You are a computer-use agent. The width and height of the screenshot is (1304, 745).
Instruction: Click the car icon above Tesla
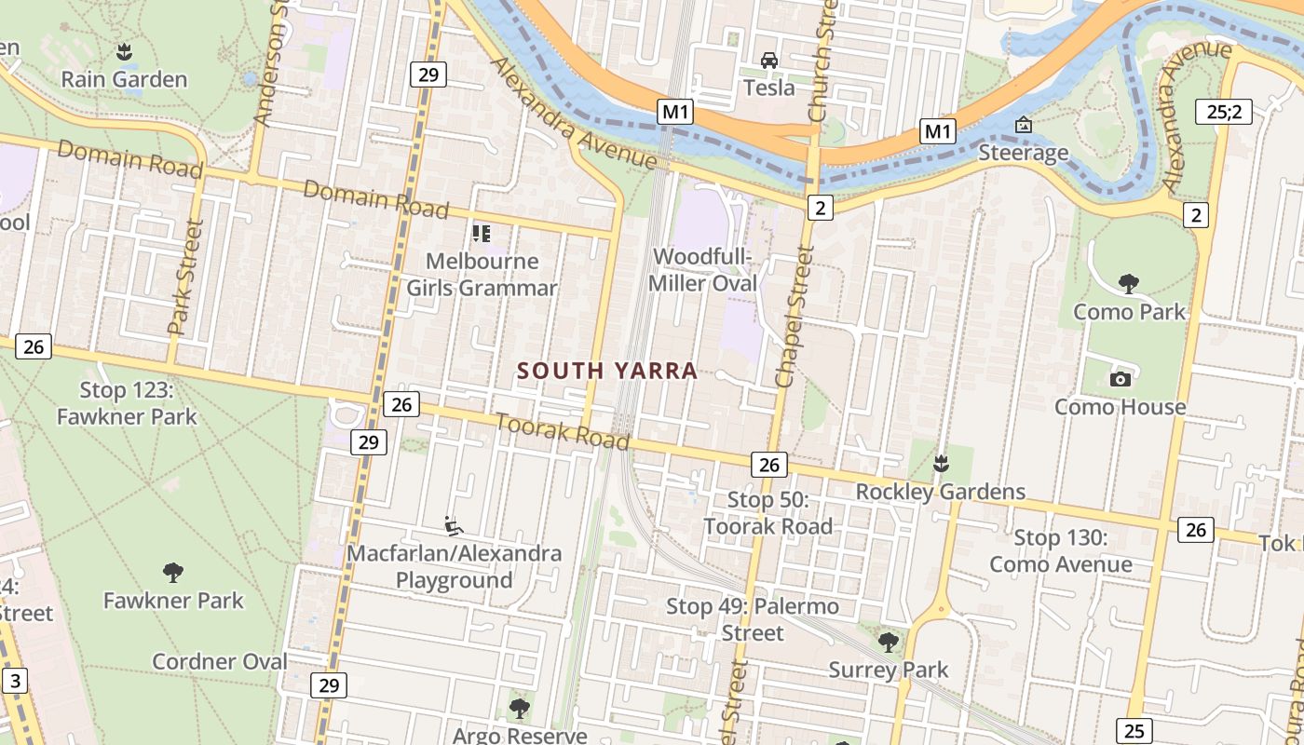click(x=769, y=61)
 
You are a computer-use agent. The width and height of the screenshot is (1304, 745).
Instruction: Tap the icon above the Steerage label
click(x=1023, y=125)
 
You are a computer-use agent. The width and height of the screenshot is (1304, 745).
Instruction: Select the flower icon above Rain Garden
click(x=124, y=51)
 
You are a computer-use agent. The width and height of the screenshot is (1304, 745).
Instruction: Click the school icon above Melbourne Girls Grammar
click(x=482, y=233)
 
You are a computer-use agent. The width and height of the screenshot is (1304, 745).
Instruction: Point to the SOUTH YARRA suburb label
click(x=607, y=371)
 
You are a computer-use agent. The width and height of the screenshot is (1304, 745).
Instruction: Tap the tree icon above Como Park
click(x=1129, y=283)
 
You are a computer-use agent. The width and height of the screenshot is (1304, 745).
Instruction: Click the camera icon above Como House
click(x=1120, y=378)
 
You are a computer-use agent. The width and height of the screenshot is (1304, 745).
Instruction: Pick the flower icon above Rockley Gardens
click(x=941, y=463)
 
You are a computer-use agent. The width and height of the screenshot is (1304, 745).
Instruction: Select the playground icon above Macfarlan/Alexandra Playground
click(x=454, y=526)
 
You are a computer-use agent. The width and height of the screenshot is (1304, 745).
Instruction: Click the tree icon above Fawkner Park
click(x=172, y=572)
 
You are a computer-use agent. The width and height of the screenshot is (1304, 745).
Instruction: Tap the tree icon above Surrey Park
click(x=889, y=642)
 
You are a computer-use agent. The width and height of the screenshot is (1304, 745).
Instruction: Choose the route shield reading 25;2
click(x=1224, y=113)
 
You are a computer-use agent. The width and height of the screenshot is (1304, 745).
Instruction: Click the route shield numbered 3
click(x=15, y=681)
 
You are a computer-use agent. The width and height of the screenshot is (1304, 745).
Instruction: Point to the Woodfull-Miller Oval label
click(x=703, y=270)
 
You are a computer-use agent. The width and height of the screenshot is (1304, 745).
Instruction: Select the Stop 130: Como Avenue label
click(x=1061, y=550)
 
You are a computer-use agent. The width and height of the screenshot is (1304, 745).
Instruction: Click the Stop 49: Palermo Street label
click(x=753, y=619)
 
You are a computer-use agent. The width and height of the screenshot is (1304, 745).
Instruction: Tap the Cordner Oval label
click(x=220, y=661)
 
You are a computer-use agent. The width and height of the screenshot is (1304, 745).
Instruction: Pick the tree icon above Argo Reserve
click(x=520, y=709)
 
